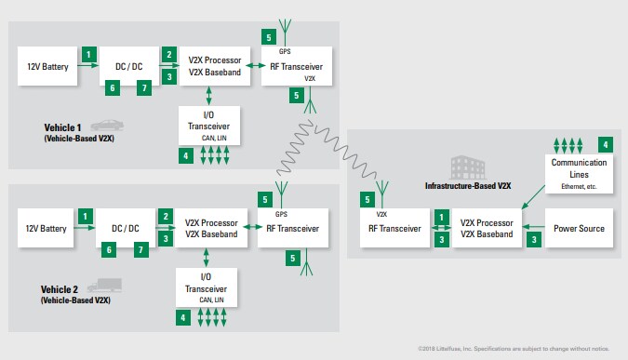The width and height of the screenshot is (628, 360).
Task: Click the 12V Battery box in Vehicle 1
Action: pos(46,68)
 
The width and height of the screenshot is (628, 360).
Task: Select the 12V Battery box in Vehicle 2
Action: pos(46,229)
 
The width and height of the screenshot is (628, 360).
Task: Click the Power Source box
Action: pos(580,229)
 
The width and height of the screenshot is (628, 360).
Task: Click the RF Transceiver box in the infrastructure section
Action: pos(391,229)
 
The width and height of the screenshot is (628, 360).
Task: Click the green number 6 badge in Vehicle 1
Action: pos(112,88)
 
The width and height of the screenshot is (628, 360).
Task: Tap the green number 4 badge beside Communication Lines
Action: pos(606,145)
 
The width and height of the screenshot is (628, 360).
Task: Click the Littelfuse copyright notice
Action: pos(514,347)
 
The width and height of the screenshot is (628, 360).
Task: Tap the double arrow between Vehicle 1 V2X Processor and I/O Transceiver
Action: pos(209,95)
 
